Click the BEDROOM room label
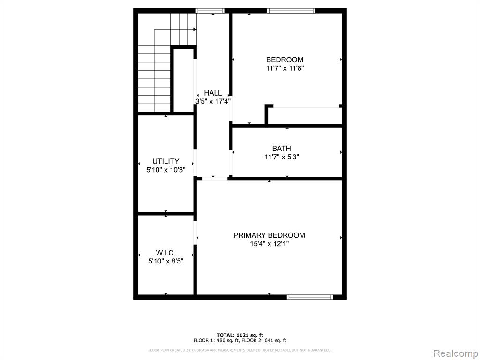[x=285, y=60]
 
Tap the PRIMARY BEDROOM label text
[x=269, y=235]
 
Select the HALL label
[x=213, y=93]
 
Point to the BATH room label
[x=282, y=149]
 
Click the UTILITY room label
[x=165, y=161]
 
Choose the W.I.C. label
[x=165, y=253]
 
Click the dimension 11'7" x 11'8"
[x=285, y=68]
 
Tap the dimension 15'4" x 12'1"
[x=269, y=244]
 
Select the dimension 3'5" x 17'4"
[x=213, y=101]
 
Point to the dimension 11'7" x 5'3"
[x=282, y=157]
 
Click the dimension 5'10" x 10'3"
[x=165, y=170]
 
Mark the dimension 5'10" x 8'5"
[x=165, y=261]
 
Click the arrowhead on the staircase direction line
[x=195, y=30]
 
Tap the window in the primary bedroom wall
[x=310, y=297]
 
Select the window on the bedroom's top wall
[x=291, y=11]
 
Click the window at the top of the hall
[x=210, y=11]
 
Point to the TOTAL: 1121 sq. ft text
[x=240, y=335]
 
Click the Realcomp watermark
[x=456, y=353]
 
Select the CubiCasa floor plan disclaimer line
[x=240, y=350]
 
